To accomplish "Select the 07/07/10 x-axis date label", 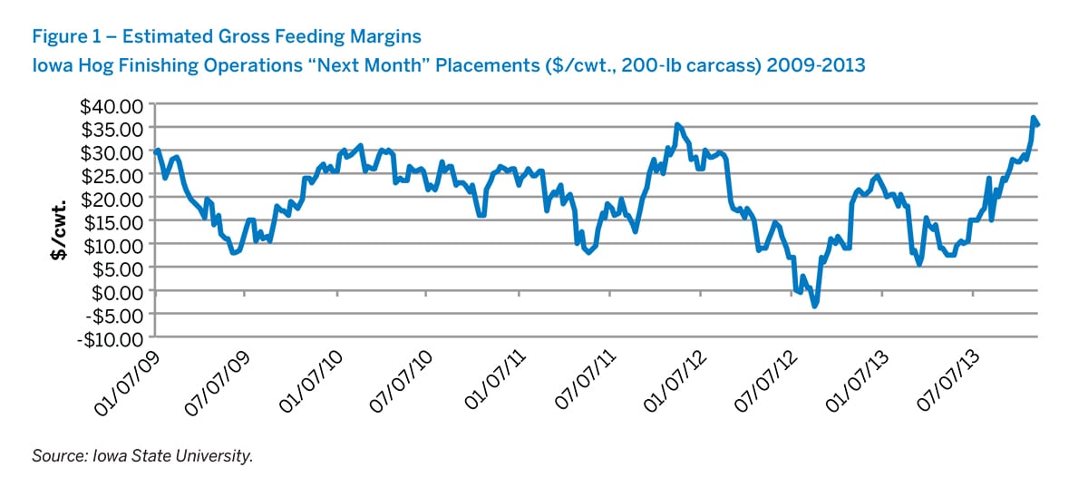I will click(404, 380).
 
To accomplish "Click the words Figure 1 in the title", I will click(64, 37).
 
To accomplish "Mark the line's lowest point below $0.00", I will click(815, 307).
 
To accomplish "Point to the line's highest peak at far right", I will click(1034, 118).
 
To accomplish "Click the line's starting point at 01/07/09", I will click(157, 151).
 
